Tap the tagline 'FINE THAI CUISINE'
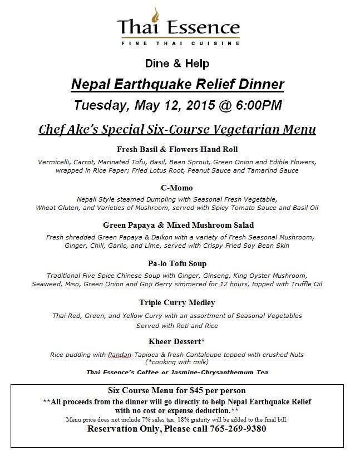178,42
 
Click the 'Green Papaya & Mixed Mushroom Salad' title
178,225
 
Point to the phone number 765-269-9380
238,428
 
